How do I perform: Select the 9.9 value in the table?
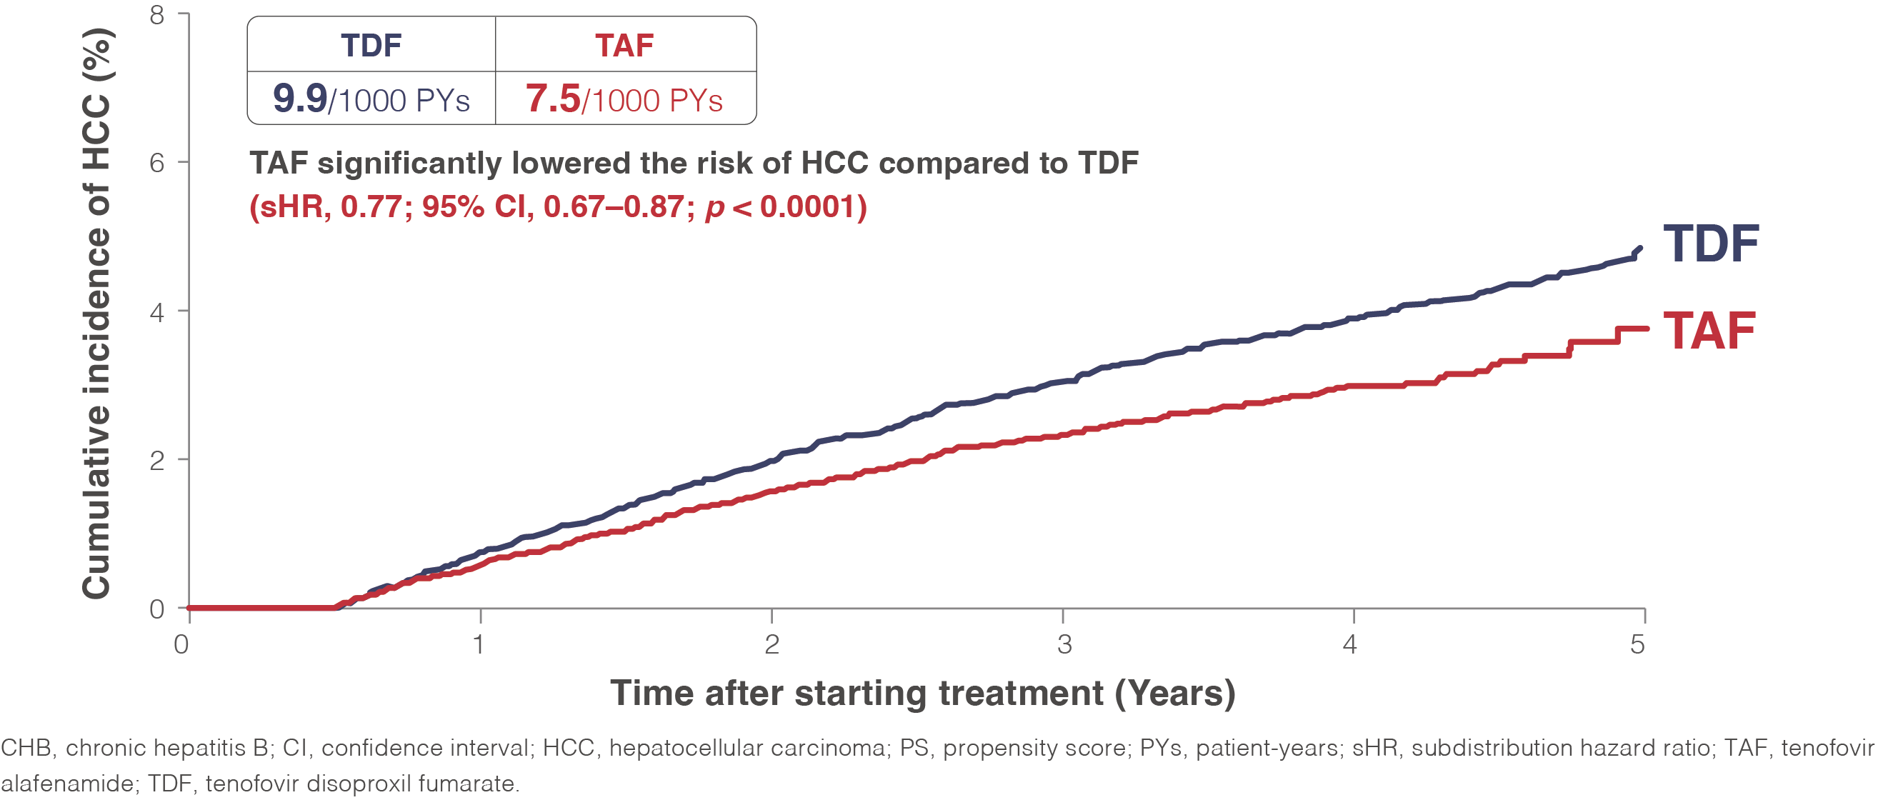[300, 98]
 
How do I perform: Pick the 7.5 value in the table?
[553, 98]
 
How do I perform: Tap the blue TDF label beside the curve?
[1712, 244]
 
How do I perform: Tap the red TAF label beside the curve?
[1709, 331]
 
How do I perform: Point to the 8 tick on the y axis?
[157, 14]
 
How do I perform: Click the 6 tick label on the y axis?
[157, 162]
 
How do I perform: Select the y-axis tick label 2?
[157, 461]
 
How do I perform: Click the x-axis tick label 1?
[479, 644]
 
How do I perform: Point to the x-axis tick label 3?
[1064, 644]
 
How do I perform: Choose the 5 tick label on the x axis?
[1637, 644]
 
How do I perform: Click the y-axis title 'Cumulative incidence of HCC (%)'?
[96, 314]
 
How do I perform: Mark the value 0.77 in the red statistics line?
[371, 207]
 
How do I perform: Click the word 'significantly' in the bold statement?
[409, 164]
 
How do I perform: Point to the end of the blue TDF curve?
[1641, 249]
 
